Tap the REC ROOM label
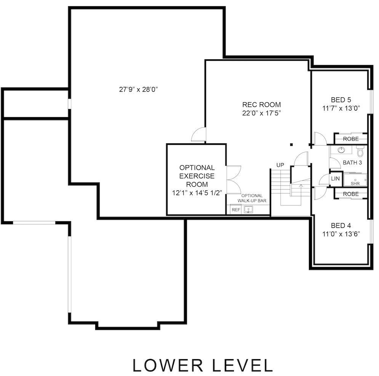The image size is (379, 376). coord(262,105)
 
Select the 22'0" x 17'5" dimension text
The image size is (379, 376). coord(262,113)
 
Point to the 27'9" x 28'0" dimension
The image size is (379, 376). coord(138,90)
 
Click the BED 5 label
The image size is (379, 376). coord(341,100)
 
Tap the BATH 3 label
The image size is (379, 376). coord(352,162)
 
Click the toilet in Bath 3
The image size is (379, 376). coord(360,152)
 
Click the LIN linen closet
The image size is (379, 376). coord(335,178)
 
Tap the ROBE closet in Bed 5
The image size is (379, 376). coord(350,139)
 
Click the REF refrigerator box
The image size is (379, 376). coord(236,209)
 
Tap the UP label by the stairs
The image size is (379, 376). coord(280,165)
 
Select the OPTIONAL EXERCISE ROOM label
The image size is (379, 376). coord(197,176)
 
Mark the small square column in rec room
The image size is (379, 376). coord(291,144)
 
